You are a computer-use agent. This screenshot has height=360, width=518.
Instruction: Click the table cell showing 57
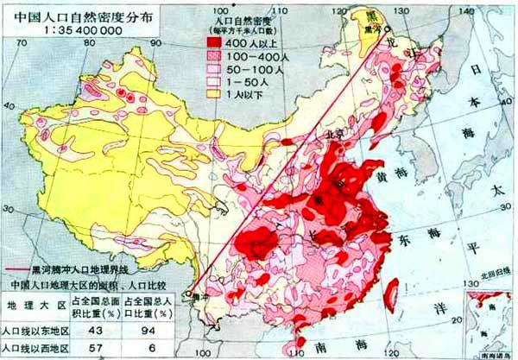pyautogui.click(x=92, y=348)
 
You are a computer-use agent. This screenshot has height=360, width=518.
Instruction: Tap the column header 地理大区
pyautogui.click(x=32, y=306)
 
